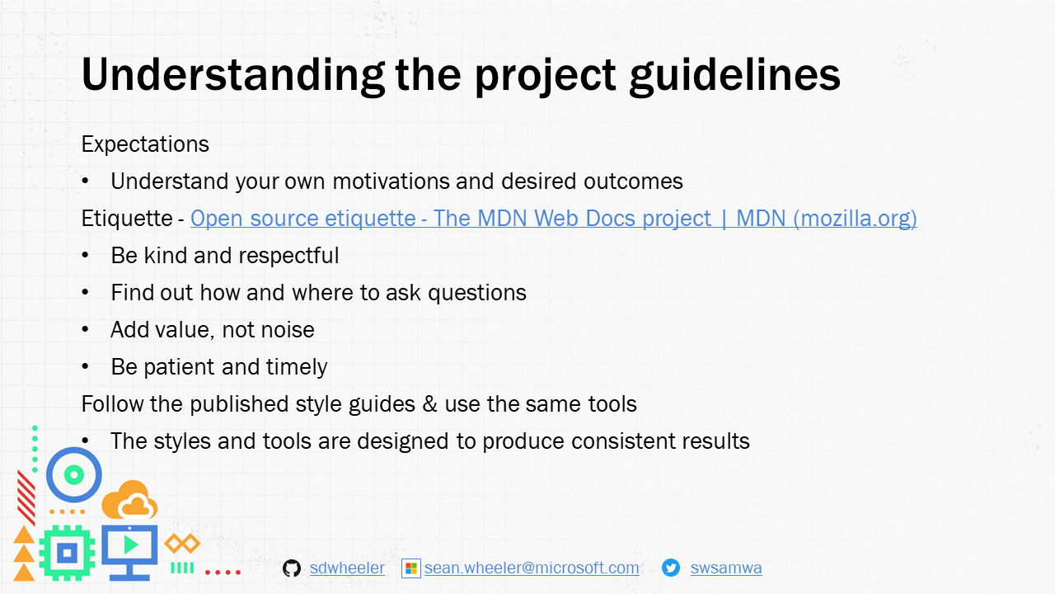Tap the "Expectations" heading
[145, 144]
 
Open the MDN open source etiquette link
[553, 218]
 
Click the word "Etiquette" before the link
[127, 218]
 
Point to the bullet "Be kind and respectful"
[224, 255]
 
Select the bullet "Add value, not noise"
[212, 329]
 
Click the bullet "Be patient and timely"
[218, 366]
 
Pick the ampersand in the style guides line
[429, 403]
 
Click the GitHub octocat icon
[292, 568]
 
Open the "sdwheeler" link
[347, 568]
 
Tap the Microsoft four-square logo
[410, 568]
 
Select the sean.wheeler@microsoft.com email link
[532, 568]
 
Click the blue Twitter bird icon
[671, 568]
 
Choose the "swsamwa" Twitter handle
[725, 568]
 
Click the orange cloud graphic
[130, 500]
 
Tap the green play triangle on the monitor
[129, 545]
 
